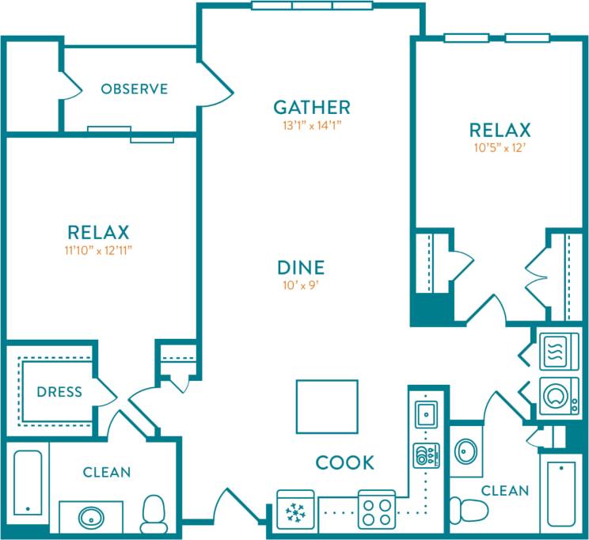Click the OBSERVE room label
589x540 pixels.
click(134, 89)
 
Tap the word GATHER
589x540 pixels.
click(311, 107)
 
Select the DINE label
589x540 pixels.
click(300, 268)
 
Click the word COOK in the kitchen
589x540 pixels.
click(344, 462)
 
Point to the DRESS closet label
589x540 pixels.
click(59, 392)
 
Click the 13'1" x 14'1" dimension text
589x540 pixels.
click(311, 124)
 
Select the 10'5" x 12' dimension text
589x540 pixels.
click(500, 146)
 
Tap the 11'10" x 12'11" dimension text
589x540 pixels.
click(97, 249)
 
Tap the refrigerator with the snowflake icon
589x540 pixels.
click(295, 510)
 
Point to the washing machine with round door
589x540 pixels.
click(559, 396)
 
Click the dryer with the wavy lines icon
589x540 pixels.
click(559, 351)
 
